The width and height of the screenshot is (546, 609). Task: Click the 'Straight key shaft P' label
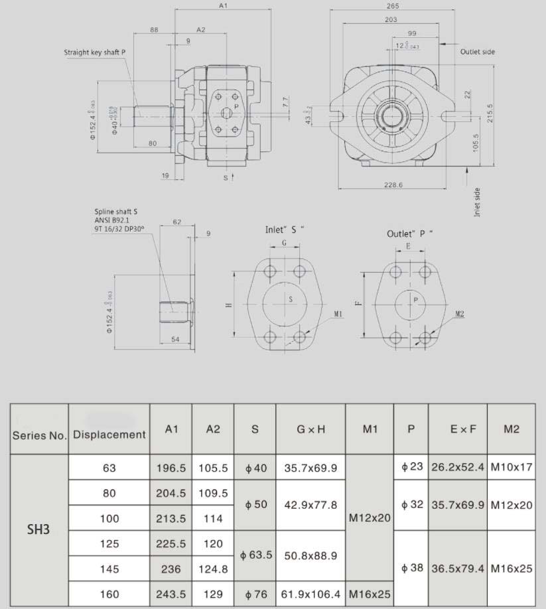[95, 52]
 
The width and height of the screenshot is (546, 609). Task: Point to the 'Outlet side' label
[478, 52]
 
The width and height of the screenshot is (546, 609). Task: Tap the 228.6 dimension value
[393, 185]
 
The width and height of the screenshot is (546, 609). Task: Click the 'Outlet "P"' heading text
[409, 234]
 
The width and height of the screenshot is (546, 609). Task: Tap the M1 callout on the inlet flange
[338, 314]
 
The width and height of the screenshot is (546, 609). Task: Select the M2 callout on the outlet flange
[460, 314]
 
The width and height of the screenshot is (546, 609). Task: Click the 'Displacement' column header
[109, 435]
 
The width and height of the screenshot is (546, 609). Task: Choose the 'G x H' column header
[310, 429]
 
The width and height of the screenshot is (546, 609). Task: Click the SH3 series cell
[40, 530]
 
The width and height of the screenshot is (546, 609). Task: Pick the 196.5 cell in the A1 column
[171, 468]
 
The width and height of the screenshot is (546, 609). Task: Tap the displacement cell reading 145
[109, 569]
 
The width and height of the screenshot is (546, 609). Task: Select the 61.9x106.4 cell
[310, 594]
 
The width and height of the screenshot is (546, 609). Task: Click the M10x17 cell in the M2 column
[511, 467]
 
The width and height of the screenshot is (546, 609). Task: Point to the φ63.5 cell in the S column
[255, 556]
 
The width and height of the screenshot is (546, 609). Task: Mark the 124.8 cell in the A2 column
[212, 569]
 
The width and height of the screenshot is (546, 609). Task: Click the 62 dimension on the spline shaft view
[177, 222]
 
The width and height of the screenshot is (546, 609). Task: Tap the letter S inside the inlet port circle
[291, 300]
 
